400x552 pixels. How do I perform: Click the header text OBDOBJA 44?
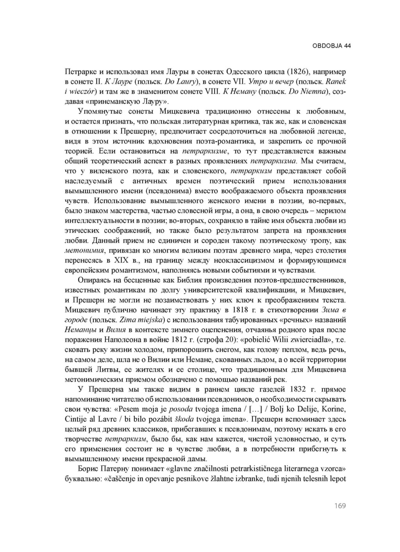(332, 46)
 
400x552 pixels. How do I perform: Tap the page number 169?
(340, 506)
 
